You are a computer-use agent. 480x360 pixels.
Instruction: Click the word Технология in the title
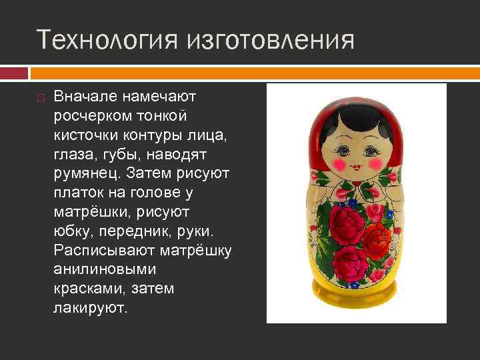(x=106, y=39)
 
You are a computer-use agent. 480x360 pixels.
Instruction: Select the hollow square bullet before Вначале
(x=41, y=98)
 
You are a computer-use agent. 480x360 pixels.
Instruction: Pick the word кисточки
(x=87, y=135)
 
